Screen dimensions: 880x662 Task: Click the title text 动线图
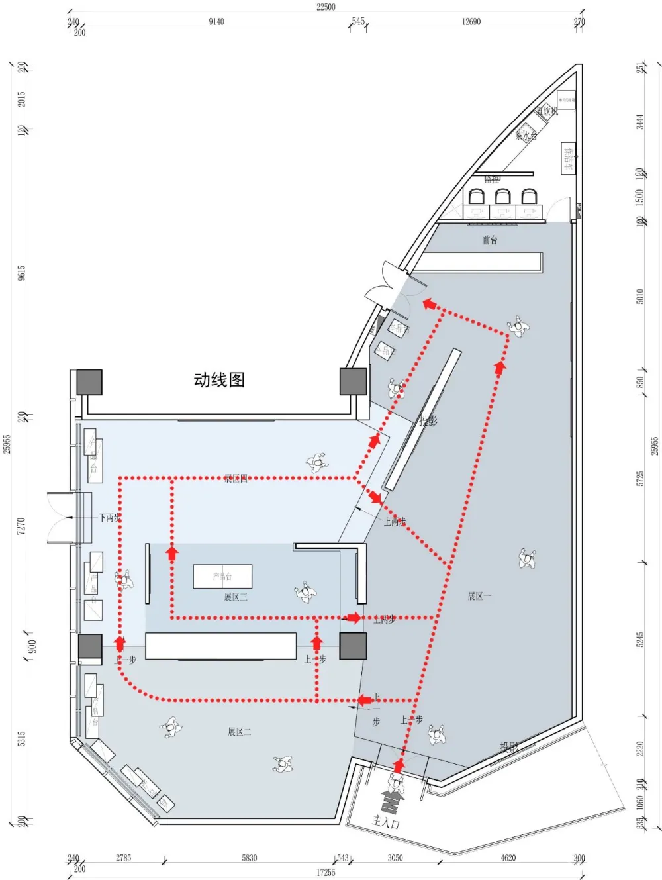219,379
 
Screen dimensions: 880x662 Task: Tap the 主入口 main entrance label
385,822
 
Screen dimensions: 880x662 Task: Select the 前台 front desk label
489,240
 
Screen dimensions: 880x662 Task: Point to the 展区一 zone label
479,596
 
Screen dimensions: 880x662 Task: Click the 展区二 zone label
240,732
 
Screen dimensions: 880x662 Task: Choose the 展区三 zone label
235,597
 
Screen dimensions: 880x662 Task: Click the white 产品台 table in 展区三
222,576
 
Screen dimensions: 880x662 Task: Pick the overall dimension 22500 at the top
326,7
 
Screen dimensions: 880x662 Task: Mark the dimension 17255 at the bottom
325,873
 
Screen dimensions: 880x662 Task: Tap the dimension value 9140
216,21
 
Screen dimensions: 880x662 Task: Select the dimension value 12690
471,21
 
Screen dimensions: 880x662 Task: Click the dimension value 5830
249,857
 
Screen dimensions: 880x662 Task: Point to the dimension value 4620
508,857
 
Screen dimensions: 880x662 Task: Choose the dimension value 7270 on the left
21,526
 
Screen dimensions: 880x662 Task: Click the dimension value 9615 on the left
21,273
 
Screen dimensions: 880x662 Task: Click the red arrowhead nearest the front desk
430,304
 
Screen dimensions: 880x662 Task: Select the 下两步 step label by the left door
109,518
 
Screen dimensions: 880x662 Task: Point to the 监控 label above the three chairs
492,179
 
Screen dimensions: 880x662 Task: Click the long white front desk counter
478,262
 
